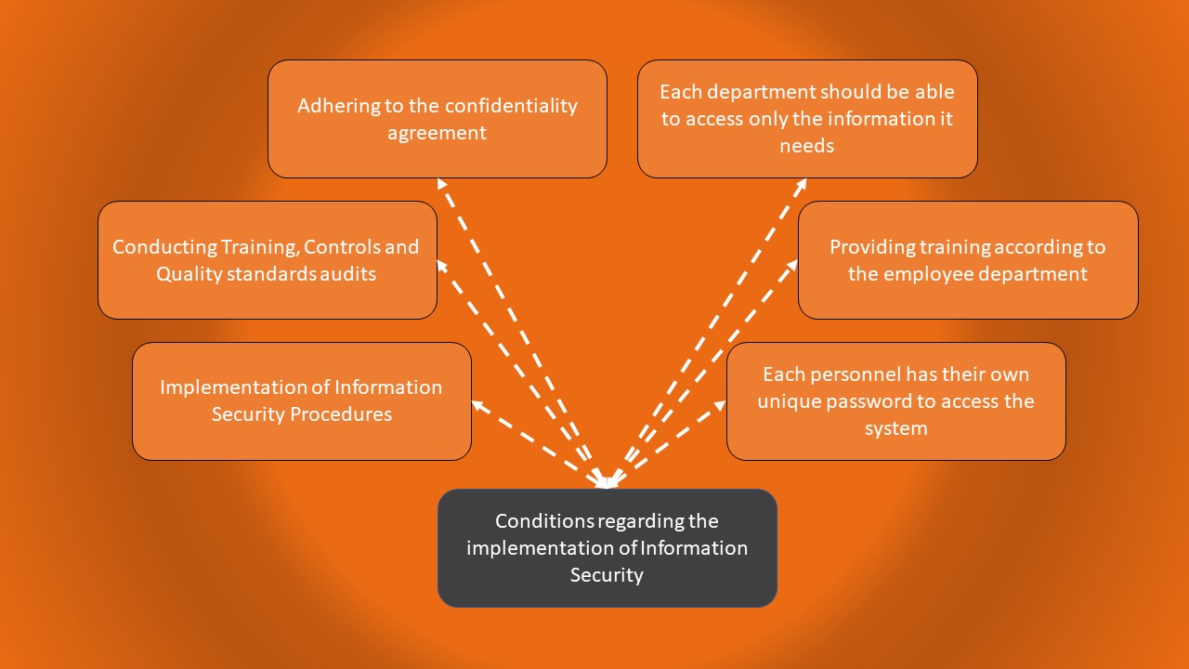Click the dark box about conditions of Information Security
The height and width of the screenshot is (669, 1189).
tap(607, 548)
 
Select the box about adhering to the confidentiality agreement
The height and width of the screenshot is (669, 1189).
tap(437, 119)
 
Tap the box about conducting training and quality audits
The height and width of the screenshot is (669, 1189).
tap(267, 260)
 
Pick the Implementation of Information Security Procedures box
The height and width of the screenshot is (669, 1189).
tap(301, 400)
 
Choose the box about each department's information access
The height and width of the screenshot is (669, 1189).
tap(806, 119)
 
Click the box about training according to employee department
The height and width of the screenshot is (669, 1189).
tap(967, 260)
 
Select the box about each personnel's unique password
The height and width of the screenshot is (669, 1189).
tap(895, 400)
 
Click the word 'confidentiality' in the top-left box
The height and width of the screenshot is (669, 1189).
tap(512, 106)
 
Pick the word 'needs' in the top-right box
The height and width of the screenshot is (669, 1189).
tap(806, 146)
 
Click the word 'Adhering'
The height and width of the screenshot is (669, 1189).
tap(338, 106)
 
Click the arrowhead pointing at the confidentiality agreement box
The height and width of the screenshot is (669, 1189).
tap(442, 184)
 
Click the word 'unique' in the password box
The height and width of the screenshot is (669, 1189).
tap(786, 401)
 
